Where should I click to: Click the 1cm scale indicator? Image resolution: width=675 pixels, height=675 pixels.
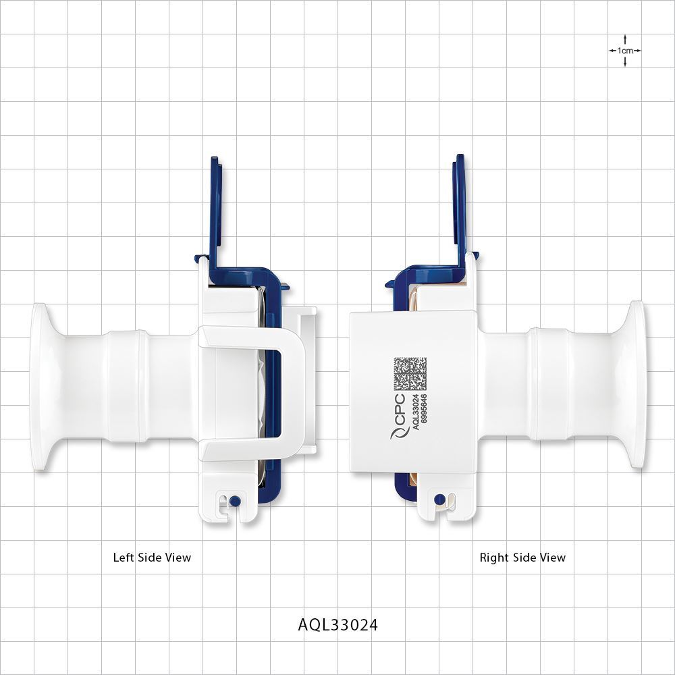click(x=624, y=51)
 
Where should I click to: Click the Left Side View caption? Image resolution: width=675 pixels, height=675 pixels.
click(x=152, y=558)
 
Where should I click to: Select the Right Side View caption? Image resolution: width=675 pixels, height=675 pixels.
click(x=522, y=558)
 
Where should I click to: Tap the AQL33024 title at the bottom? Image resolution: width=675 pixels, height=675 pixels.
click(x=338, y=625)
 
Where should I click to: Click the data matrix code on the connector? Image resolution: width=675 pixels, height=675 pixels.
click(x=410, y=374)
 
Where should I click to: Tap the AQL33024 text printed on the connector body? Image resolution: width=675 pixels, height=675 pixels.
click(x=416, y=412)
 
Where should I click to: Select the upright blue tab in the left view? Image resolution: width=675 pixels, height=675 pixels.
click(x=215, y=209)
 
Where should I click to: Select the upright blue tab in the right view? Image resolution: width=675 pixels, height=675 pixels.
click(x=460, y=209)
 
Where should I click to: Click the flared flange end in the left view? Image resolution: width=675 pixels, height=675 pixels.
click(x=41, y=386)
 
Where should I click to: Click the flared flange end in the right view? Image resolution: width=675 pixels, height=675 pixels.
click(x=635, y=386)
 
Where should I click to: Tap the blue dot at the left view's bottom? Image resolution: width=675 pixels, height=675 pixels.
click(x=234, y=501)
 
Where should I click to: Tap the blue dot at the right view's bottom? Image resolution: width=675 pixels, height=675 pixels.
click(x=439, y=500)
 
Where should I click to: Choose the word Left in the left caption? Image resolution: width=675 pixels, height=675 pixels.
click(x=124, y=558)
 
